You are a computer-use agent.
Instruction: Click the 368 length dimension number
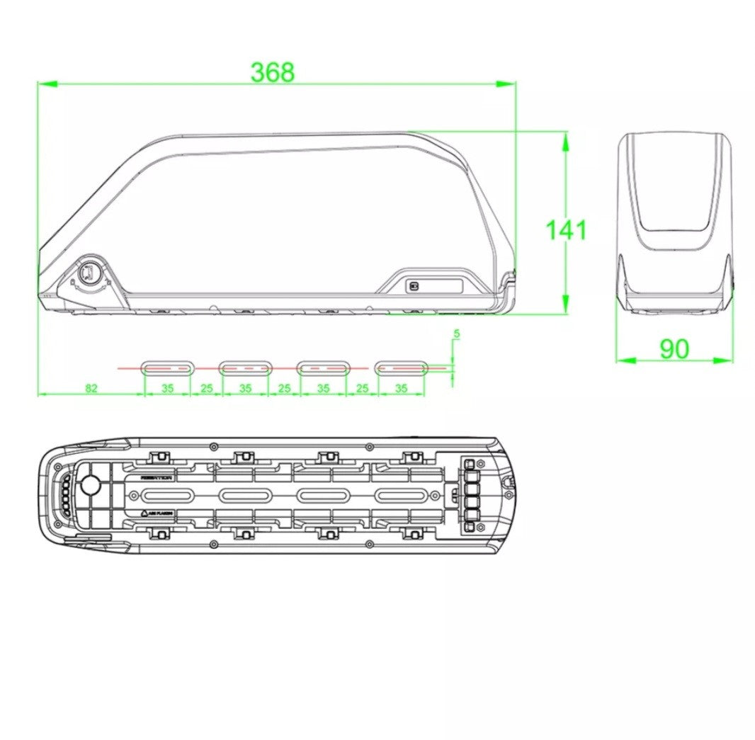tap(272, 72)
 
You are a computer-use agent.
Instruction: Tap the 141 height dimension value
tap(565, 230)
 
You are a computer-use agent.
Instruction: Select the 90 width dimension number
tap(674, 348)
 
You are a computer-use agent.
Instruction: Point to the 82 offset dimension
tap(91, 388)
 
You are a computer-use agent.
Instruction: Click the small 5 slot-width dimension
tap(457, 333)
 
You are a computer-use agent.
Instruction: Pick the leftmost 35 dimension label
tap(167, 388)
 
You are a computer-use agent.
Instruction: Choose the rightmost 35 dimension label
tap(401, 388)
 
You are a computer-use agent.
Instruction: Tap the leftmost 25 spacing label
tap(206, 388)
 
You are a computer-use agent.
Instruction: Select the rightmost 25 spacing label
tap(362, 388)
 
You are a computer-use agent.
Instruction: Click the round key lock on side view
tap(90, 273)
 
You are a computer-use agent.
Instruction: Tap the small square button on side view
tap(413, 286)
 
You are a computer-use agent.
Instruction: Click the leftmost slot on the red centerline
tap(167, 368)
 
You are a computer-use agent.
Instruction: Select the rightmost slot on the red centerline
tap(401, 368)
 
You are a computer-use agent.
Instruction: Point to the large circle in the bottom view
tap(91, 485)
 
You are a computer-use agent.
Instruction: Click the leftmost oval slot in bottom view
tap(167, 495)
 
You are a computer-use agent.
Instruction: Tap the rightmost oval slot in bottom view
tap(401, 495)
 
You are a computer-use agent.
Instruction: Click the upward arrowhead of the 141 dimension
tap(564, 142)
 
